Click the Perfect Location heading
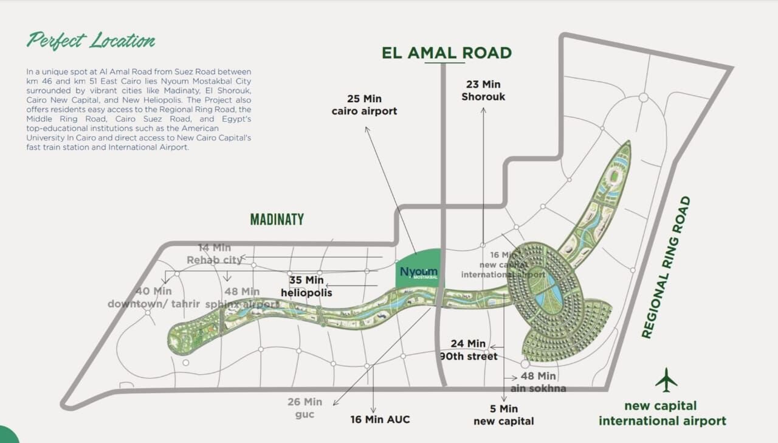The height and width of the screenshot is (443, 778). coord(91,41)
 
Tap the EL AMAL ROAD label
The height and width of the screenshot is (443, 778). coord(447,53)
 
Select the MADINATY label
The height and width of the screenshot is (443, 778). coord(277,220)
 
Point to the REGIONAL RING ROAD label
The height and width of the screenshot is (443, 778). coord(667,267)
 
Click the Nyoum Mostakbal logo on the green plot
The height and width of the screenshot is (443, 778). coord(419,273)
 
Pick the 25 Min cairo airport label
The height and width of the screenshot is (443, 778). coord(364,105)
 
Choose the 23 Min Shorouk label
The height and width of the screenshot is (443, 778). coord(483,91)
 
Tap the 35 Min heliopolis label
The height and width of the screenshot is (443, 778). coord(306,287)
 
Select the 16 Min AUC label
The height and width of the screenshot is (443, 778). coord(380,419)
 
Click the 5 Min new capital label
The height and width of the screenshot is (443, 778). coord(504,414)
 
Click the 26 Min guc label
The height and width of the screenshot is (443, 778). coord(305,408)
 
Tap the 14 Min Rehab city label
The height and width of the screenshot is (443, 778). coord(215,254)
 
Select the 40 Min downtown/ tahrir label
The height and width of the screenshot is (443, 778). coord(154,298)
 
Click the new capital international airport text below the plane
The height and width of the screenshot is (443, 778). coord(662,413)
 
